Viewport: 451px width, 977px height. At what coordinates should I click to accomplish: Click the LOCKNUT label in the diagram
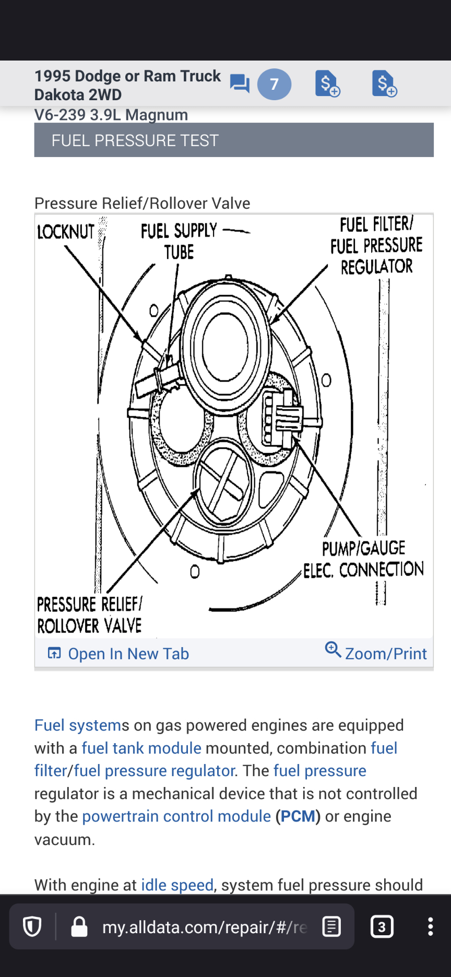click(66, 232)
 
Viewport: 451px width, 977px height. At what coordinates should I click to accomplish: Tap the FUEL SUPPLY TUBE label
click(179, 241)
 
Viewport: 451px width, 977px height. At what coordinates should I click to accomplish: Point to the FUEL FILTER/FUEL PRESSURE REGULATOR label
click(376, 245)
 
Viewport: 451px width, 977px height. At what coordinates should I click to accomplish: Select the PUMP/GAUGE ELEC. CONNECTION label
click(364, 559)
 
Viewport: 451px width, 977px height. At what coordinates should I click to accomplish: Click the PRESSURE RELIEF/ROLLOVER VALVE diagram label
click(89, 615)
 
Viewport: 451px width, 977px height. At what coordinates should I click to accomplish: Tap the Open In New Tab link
click(118, 653)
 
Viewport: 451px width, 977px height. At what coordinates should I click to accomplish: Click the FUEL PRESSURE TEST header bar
click(234, 140)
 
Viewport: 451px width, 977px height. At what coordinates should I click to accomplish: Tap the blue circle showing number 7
click(274, 84)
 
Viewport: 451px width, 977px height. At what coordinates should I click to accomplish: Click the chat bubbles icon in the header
click(240, 84)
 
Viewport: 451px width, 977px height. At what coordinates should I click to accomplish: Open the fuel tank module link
click(141, 748)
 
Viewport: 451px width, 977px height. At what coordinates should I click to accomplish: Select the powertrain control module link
click(176, 816)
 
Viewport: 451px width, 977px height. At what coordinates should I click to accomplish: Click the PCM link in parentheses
click(298, 816)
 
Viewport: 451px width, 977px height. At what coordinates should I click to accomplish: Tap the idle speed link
click(177, 885)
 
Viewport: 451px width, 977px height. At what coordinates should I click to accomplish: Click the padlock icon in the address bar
click(79, 927)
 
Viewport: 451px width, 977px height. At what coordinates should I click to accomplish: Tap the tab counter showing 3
click(382, 927)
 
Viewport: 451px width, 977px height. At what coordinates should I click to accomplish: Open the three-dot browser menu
click(430, 927)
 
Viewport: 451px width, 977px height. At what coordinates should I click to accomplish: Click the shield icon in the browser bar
click(32, 927)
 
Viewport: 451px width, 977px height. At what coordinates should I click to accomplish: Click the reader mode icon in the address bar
click(331, 927)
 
